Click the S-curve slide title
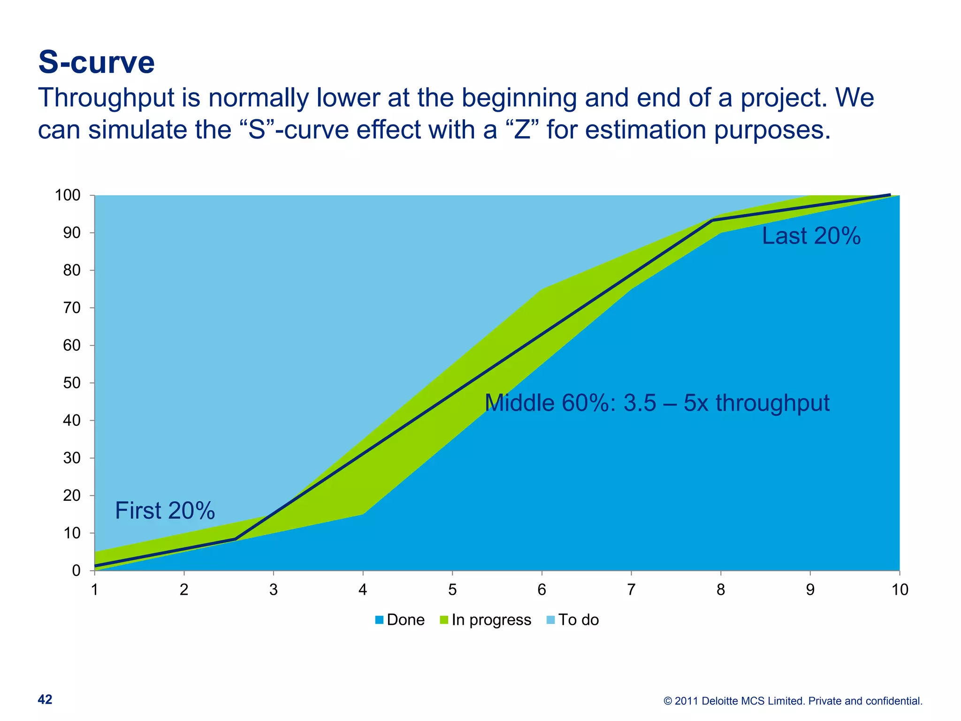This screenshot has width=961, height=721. click(x=96, y=62)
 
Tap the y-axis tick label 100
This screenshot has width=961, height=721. click(x=68, y=195)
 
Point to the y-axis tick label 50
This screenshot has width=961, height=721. click(x=72, y=383)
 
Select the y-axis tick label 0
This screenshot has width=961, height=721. click(x=76, y=571)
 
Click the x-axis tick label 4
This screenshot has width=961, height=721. click(x=363, y=590)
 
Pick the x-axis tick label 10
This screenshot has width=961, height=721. click(x=900, y=590)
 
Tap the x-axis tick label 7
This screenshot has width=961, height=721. click(x=631, y=590)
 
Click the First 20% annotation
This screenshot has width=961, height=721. click(x=165, y=511)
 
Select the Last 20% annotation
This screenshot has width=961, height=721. click(x=811, y=236)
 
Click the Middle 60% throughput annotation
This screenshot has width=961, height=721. click(x=657, y=403)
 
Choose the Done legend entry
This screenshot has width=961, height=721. click(x=405, y=620)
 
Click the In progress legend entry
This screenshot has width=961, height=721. click(x=491, y=620)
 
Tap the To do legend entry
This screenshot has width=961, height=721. click(x=578, y=620)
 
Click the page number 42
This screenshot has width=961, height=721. click(x=45, y=699)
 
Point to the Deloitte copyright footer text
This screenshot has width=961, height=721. click(x=793, y=701)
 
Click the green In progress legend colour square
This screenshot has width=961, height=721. click(x=444, y=620)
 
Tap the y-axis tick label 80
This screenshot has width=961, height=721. click(x=72, y=270)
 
